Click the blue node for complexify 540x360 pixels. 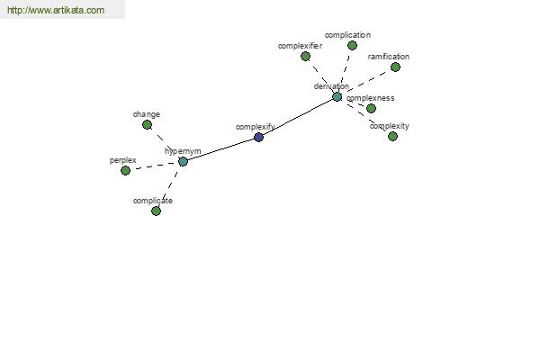pyautogui.click(x=258, y=138)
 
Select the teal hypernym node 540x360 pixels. pyautogui.click(x=183, y=162)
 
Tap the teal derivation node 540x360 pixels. pyautogui.click(x=337, y=97)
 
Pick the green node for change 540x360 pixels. pyautogui.click(x=147, y=125)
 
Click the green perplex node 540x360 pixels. pyautogui.click(x=125, y=170)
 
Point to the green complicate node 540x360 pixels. pyautogui.click(x=156, y=211)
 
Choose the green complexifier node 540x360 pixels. pyautogui.click(x=305, y=56)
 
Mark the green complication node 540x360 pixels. pyautogui.click(x=352, y=46)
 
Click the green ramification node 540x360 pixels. pyautogui.click(x=395, y=67)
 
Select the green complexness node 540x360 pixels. pyautogui.click(x=371, y=109)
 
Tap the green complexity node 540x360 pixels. pyautogui.click(x=392, y=137)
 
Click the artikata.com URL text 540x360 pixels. pyautogui.click(x=56, y=10)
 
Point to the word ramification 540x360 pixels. pyautogui.click(x=389, y=57)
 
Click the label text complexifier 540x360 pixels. pyautogui.click(x=300, y=46)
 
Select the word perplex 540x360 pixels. pyautogui.click(x=123, y=160)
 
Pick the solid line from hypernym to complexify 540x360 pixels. pyautogui.click(x=220, y=149)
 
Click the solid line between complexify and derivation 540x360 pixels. pyautogui.click(x=298, y=117)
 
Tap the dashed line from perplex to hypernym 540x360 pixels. pyautogui.click(x=154, y=166)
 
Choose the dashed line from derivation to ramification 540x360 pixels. pyautogui.click(x=366, y=82)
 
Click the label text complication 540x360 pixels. pyautogui.click(x=347, y=35)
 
